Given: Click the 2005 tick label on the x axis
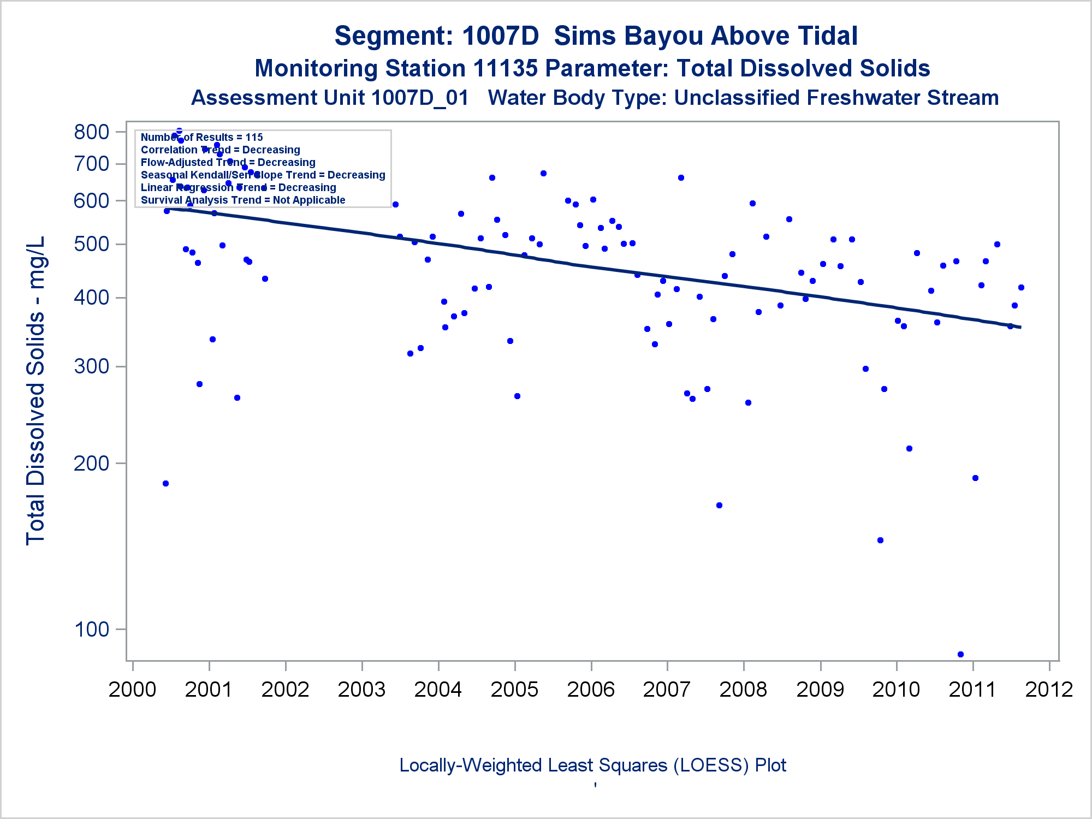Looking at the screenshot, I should point(514,689).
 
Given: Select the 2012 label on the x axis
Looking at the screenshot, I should point(1049,689).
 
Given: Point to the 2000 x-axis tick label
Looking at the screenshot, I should point(133,689).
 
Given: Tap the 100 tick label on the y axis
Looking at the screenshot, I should point(92,630).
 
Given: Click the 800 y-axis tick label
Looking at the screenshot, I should point(92,132).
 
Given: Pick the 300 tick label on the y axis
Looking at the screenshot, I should point(92,366).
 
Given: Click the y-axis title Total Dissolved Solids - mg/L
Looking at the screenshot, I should point(36,390).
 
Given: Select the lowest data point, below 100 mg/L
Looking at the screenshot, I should point(960,654).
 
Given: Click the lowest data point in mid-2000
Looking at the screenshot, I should point(165,483).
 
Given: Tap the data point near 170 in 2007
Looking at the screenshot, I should point(719,505).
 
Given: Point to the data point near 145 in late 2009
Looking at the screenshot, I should point(880,540).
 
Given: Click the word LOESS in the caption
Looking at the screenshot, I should point(711,765).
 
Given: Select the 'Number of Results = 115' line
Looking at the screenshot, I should point(201,137).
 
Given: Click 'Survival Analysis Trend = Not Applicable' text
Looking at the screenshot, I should point(243,200).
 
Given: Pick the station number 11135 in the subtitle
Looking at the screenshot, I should point(506,68).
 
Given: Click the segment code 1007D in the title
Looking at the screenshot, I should point(500,36).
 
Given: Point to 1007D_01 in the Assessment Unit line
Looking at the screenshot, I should point(420,98).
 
